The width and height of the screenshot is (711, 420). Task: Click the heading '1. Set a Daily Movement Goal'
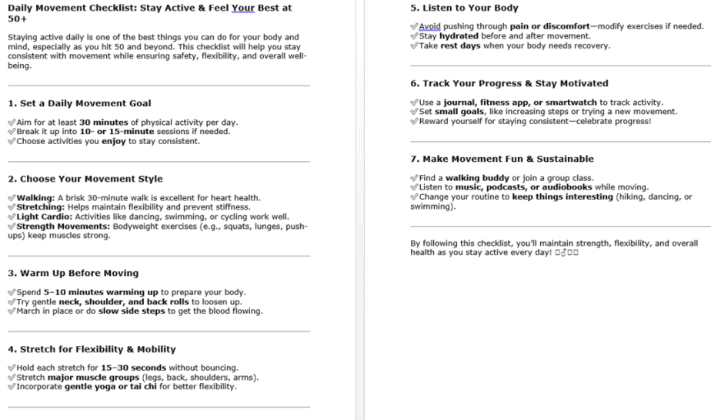pyautogui.click(x=79, y=103)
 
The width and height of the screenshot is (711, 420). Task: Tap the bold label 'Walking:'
pyautogui.click(x=35, y=198)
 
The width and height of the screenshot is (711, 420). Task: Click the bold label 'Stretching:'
pyautogui.click(x=42, y=207)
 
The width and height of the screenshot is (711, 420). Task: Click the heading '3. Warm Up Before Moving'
pyautogui.click(x=73, y=273)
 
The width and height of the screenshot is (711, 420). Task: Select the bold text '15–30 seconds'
pyautogui.click(x=133, y=368)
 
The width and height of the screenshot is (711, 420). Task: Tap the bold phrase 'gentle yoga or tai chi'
pyautogui.click(x=108, y=387)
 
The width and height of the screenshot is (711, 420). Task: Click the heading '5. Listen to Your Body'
pyautogui.click(x=463, y=8)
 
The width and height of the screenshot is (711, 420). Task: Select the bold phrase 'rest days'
pyautogui.click(x=460, y=45)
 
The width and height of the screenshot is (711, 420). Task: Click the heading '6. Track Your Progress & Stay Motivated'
pyautogui.click(x=509, y=83)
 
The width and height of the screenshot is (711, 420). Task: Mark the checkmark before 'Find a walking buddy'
pyautogui.click(x=415, y=178)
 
